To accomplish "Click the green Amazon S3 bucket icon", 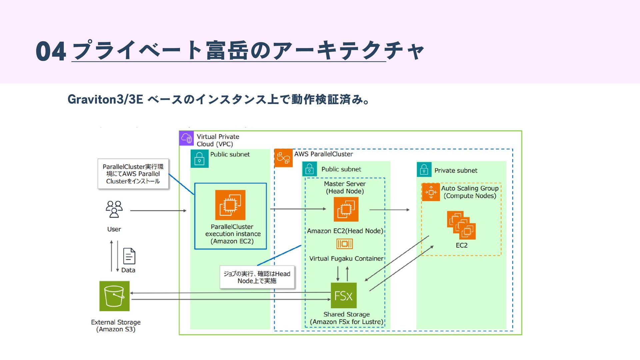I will [114, 296].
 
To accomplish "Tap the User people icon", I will [114, 209].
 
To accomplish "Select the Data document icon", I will [129, 256].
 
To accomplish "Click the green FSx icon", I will [343, 295].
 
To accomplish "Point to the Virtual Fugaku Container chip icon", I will [345, 244].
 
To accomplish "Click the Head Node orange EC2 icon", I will [346, 209].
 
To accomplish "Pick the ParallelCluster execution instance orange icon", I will [230, 205].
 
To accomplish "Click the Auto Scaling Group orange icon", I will [431, 192].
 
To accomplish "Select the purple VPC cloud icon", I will [186, 138].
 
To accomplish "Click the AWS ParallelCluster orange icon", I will [283, 158].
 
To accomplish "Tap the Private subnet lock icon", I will [424, 170].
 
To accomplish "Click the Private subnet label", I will [456, 171].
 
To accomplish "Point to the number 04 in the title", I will [51, 52].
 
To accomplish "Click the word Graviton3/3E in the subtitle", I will [105, 99].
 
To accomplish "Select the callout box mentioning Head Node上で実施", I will [257, 277].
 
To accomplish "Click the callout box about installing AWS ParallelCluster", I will [133, 174].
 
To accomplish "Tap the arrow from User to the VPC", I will [158, 211].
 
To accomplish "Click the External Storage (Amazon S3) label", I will [116, 326].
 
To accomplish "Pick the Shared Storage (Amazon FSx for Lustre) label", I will [346, 318].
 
